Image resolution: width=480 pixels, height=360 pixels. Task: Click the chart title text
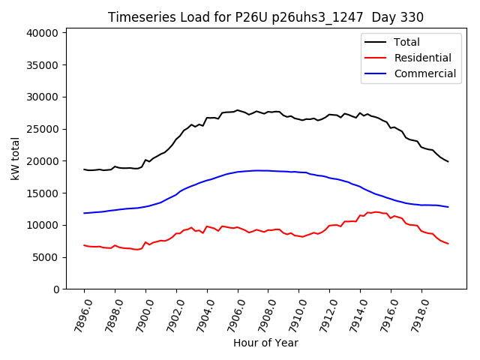[x=265, y=17]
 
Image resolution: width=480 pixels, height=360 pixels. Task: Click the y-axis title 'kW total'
[x=15, y=159]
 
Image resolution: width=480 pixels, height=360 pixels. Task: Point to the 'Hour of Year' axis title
[x=265, y=343]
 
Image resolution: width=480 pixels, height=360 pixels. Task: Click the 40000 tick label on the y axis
[x=41, y=33]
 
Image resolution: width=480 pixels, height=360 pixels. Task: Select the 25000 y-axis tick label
[x=41, y=129]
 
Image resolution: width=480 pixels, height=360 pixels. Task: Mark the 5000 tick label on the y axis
[x=44, y=257]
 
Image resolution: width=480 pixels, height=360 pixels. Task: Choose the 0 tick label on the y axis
[x=55, y=289]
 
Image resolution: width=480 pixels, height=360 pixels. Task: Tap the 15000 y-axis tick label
[x=41, y=193]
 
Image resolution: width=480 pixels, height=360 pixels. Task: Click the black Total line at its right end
[x=448, y=161]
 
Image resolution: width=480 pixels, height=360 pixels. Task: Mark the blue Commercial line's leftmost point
[x=84, y=213]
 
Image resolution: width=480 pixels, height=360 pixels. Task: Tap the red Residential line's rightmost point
[x=448, y=244]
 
